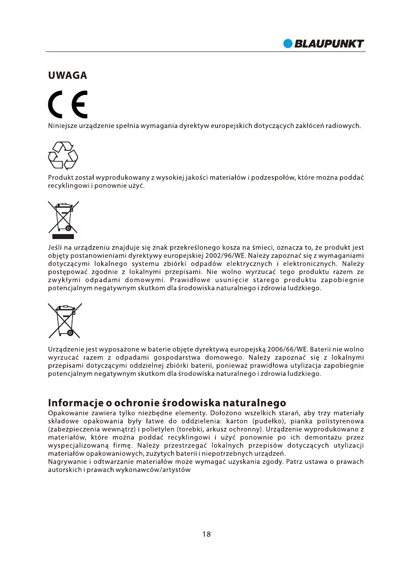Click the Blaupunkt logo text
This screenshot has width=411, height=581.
pos(329,44)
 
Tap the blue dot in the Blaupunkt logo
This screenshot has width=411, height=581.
pos(288,44)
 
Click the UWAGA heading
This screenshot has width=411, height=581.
pos(67,76)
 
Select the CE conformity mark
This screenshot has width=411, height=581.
pos(68,105)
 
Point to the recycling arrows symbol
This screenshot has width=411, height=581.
pos(63,155)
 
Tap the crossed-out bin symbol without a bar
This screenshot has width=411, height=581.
pos(65,320)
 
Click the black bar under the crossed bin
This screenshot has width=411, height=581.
pos(63,236)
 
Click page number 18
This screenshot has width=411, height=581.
pos(206,534)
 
